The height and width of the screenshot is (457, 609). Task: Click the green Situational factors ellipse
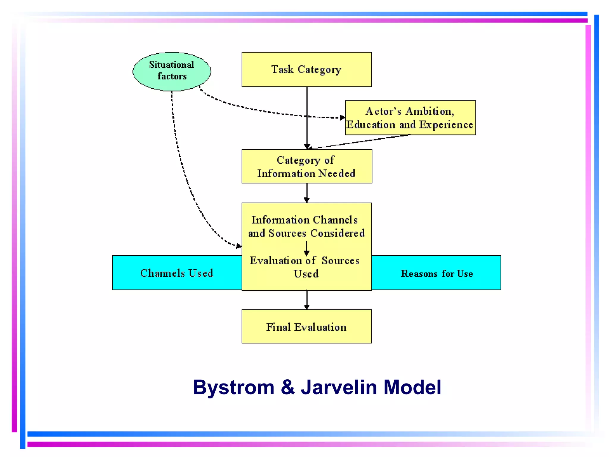(x=172, y=71)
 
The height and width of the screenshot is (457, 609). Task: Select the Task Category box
(x=306, y=70)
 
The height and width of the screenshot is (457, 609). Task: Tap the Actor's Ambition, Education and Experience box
(x=410, y=118)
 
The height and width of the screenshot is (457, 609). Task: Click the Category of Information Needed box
(x=306, y=166)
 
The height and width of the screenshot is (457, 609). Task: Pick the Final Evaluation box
(x=306, y=327)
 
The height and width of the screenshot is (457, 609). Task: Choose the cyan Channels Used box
(x=177, y=273)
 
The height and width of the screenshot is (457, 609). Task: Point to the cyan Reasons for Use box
(x=437, y=273)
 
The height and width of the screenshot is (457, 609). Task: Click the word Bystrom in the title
(x=233, y=387)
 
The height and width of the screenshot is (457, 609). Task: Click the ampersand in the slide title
(x=288, y=387)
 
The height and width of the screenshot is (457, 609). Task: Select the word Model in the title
(x=412, y=387)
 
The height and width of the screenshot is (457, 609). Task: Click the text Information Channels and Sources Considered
(x=306, y=226)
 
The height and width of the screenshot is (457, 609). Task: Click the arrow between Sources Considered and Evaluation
(x=306, y=248)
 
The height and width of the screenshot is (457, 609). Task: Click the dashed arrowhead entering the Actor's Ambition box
(x=342, y=118)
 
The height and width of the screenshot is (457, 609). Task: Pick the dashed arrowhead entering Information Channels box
(x=238, y=246)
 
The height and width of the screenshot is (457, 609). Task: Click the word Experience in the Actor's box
(x=446, y=125)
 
